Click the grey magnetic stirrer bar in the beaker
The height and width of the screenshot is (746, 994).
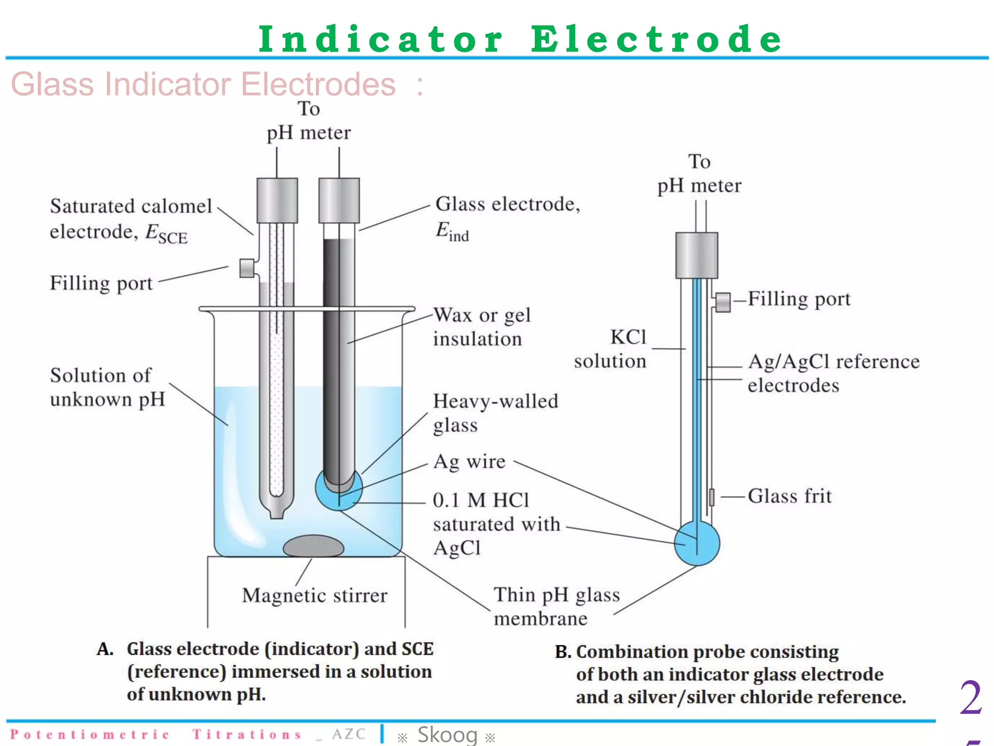pyautogui.click(x=314, y=546)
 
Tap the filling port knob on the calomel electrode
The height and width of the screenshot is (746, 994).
pyautogui.click(x=247, y=268)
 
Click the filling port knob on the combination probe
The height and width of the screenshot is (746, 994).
pyautogui.click(x=723, y=302)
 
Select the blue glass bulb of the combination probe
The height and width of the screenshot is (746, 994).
pyautogui.click(x=697, y=543)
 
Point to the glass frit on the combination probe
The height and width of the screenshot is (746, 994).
pyautogui.click(x=712, y=497)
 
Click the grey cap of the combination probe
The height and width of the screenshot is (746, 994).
pyautogui.click(x=696, y=255)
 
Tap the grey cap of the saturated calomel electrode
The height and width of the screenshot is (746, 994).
pyautogui.click(x=277, y=200)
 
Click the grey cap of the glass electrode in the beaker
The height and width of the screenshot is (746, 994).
pyautogui.click(x=339, y=200)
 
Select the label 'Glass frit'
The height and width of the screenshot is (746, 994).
pyautogui.click(x=789, y=496)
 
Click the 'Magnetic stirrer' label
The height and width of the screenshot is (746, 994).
pyautogui.click(x=315, y=595)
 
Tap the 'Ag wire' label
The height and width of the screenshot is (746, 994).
pyautogui.click(x=469, y=461)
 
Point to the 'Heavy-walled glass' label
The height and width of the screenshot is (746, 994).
pyautogui.click(x=495, y=413)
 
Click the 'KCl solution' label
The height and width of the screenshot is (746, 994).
pyautogui.click(x=611, y=349)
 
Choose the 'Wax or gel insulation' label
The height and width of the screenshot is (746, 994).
pyautogui.click(x=481, y=327)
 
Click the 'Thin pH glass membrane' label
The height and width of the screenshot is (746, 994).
pyautogui.click(x=556, y=607)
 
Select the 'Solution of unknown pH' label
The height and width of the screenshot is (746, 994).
pyautogui.click(x=107, y=387)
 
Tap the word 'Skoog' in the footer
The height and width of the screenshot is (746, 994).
pyautogui.click(x=447, y=734)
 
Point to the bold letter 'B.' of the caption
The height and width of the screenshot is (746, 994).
pyautogui.click(x=563, y=652)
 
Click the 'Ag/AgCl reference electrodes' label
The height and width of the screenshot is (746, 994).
pyautogui.click(x=833, y=373)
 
